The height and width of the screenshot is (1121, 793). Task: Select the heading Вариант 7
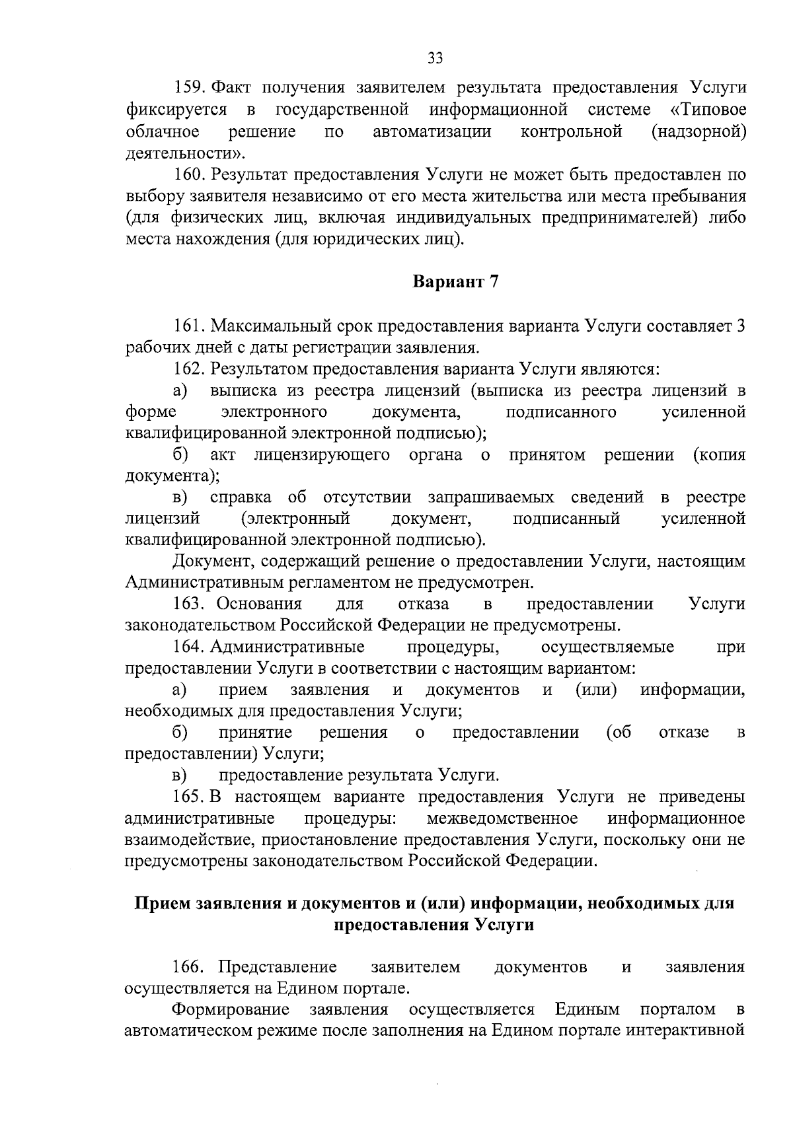(456, 282)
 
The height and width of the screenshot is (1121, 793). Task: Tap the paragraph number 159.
(190, 88)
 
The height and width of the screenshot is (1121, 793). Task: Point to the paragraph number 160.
(190, 175)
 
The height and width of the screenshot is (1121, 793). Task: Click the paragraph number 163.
(190, 604)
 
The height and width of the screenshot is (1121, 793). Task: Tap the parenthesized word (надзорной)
(699, 132)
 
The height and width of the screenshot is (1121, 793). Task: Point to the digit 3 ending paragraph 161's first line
(740, 326)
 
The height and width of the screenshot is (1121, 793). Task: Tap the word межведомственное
(502, 818)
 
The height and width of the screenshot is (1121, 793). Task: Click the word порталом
(677, 1010)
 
